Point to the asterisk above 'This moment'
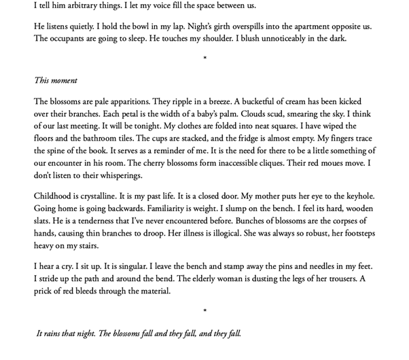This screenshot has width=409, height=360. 204,59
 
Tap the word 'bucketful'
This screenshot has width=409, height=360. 252,101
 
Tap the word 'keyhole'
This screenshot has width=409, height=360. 357,196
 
